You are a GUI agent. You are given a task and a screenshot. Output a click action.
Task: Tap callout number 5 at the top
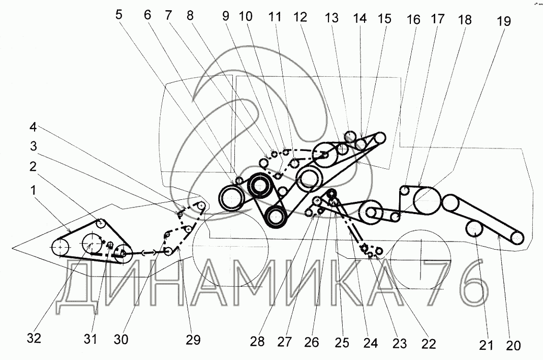(x=119, y=14)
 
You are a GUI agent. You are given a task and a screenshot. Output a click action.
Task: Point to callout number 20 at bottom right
(x=513, y=345)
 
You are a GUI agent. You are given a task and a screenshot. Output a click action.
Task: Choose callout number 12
(x=300, y=17)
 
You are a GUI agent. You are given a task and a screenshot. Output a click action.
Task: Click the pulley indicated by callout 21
(x=474, y=230)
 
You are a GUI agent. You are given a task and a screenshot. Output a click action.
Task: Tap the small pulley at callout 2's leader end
(x=101, y=223)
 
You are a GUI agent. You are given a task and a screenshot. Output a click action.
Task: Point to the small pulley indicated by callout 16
(x=405, y=191)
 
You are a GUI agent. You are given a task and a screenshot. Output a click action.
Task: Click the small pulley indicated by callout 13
(x=350, y=136)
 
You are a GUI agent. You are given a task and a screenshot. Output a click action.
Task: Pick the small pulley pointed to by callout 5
(x=239, y=179)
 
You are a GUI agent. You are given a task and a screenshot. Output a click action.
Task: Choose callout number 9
(x=228, y=17)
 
